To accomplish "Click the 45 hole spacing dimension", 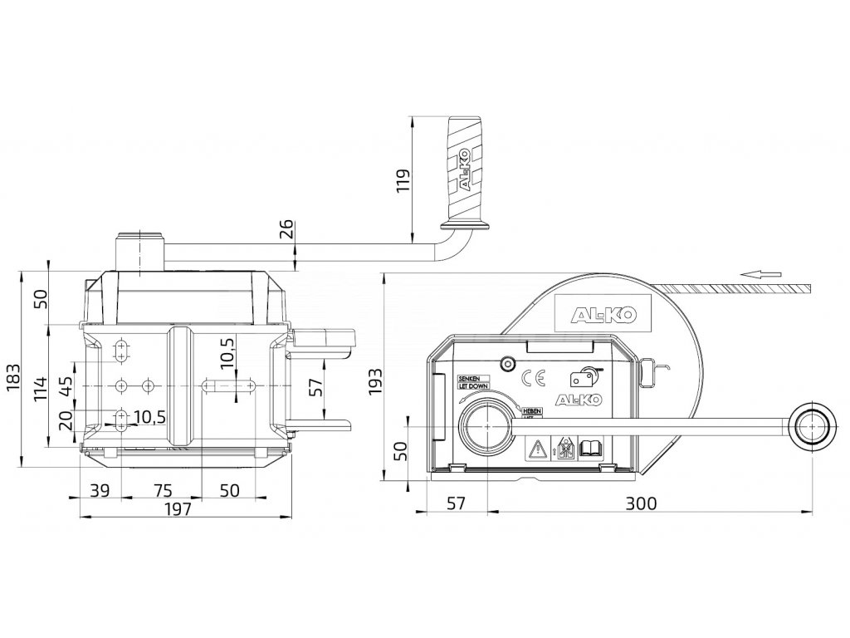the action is [66, 387].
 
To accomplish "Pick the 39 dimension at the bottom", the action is [99, 489].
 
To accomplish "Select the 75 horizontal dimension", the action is [163, 489].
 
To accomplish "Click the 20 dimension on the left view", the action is [66, 418].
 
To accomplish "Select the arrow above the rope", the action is [760, 272].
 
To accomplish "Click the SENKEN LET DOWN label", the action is [474, 382].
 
